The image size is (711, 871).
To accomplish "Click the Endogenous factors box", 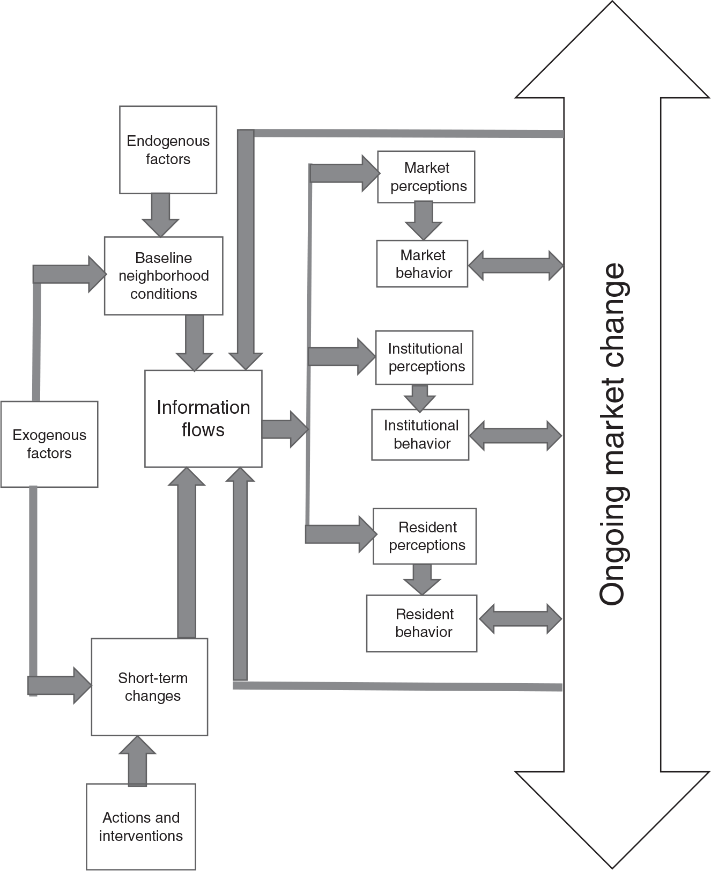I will point(168,150).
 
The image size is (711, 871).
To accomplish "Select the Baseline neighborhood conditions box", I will point(164,275).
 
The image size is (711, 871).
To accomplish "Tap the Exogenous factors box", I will point(49,444).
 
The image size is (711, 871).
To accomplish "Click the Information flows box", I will point(203,418).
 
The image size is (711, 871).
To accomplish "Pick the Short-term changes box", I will point(150,686).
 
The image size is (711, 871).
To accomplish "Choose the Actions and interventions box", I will point(141,826).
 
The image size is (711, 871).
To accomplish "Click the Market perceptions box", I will point(426,177).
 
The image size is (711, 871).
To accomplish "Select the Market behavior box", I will point(422,264).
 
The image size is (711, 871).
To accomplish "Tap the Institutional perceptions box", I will point(424,357).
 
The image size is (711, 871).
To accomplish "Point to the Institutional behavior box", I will point(420,434).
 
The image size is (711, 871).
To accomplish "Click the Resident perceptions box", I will point(425,536).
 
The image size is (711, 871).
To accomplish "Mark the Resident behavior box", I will point(421,623).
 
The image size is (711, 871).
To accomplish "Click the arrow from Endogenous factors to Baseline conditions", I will point(160,214).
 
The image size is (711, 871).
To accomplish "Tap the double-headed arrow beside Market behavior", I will point(516,265).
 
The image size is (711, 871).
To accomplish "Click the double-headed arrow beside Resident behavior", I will point(520,619).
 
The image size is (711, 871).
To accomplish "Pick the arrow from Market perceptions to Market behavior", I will point(424,221).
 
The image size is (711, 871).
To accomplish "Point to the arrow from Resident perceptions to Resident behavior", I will point(422,579).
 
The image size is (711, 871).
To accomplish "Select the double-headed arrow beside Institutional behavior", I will point(516,435).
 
